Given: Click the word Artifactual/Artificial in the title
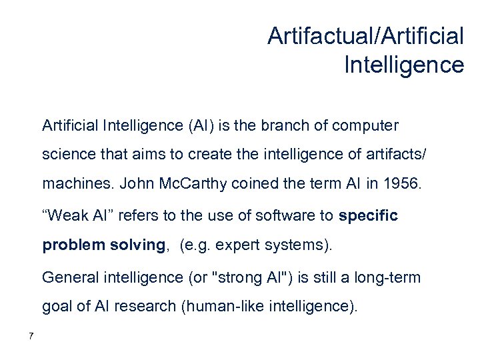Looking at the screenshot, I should point(365,36).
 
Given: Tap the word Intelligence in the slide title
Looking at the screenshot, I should point(404,65).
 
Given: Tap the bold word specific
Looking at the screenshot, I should point(369,216).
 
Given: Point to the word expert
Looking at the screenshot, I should point(235,245).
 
